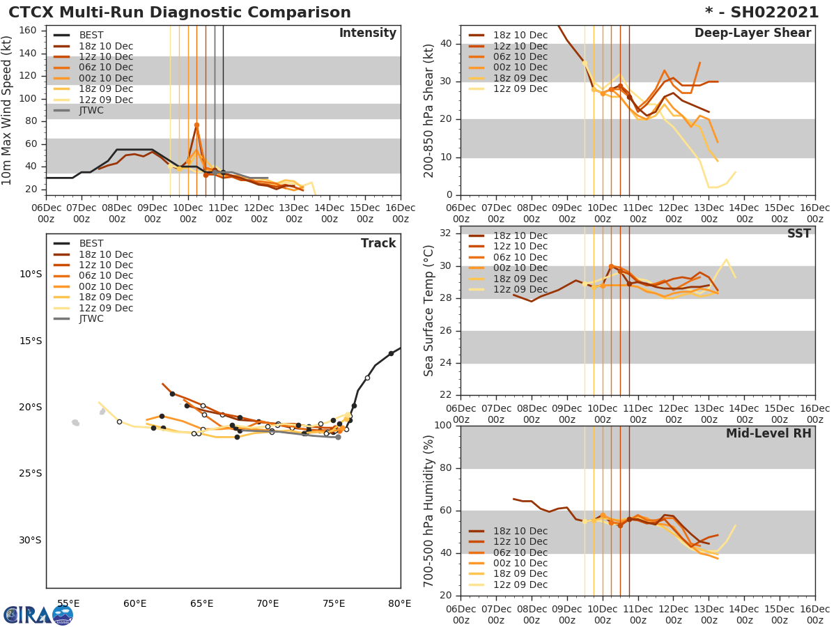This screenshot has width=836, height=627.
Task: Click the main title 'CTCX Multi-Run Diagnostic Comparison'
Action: [180, 13]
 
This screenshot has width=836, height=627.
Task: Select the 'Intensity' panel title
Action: [367, 33]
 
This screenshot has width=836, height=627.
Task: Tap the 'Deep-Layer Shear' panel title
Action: [752, 33]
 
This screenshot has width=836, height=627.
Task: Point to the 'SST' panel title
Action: [798, 234]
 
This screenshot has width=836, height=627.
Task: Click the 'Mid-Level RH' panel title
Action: [768, 433]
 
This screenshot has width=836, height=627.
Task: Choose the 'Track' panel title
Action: [378, 243]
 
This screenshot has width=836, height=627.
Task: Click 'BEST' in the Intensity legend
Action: [91, 35]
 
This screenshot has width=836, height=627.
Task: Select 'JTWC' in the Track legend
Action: [91, 318]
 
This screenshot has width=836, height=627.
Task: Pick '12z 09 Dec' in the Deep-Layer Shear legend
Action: [520, 88]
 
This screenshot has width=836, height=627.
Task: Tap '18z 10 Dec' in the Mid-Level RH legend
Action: [520, 531]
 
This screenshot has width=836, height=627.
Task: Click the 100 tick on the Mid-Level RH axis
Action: [444, 426]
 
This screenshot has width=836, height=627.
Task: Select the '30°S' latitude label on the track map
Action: [31, 540]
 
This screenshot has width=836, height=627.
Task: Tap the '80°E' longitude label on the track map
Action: [399, 603]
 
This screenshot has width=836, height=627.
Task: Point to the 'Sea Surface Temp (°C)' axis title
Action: [429, 311]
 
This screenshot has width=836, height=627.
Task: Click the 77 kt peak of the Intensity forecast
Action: [196, 125]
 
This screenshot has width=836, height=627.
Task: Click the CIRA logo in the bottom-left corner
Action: [38, 614]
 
